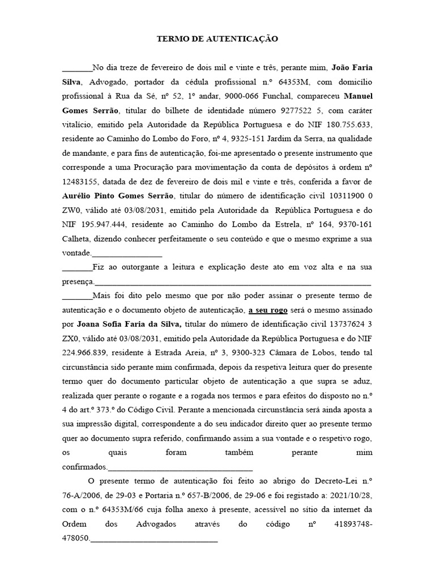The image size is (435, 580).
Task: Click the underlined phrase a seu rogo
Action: tap(268, 310)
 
